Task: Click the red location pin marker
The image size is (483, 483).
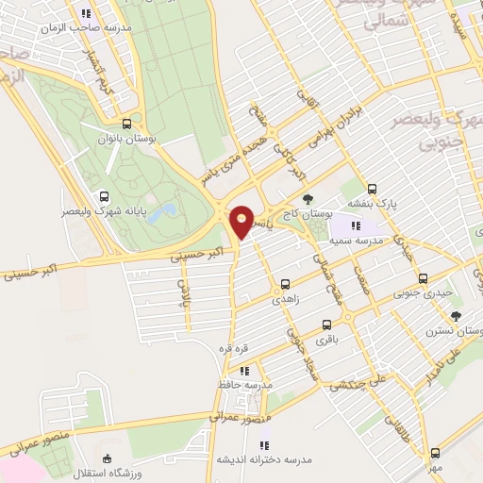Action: [x=241, y=223]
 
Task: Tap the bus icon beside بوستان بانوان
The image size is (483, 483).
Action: [x=127, y=124]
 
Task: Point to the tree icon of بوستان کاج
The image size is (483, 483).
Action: [x=308, y=198]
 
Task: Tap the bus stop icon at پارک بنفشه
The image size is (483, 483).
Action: [x=372, y=188]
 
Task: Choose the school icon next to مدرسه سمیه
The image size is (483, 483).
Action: [x=355, y=225]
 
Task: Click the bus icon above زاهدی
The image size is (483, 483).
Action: [x=285, y=282]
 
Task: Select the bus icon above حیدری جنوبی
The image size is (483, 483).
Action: [x=422, y=278]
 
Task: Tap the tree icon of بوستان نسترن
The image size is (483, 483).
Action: [x=456, y=317]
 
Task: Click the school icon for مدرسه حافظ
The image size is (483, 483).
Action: [x=243, y=371]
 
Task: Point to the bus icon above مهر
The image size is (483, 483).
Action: [x=435, y=453]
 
